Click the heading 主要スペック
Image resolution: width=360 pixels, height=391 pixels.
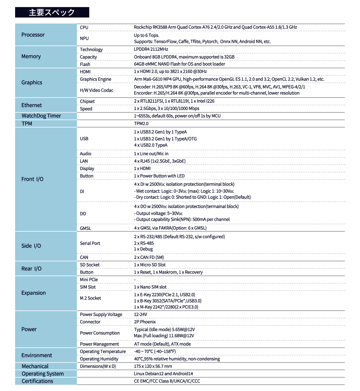[x=52, y=12]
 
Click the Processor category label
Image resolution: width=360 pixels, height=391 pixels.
[x=33, y=35]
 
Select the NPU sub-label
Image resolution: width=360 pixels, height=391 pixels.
[x=84, y=38]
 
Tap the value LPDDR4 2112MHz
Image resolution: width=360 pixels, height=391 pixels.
[x=151, y=49]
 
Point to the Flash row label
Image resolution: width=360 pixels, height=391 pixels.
[x=85, y=64]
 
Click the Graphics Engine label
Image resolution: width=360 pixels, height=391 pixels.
[x=96, y=79]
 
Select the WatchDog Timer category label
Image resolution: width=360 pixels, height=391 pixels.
[x=41, y=116]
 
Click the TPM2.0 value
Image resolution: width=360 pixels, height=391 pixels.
[x=141, y=124]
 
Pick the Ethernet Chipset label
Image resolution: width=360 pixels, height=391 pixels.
[x=87, y=101]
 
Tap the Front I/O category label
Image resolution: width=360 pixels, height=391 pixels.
[x=32, y=179]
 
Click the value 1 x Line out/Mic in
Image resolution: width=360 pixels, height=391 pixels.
[x=151, y=154]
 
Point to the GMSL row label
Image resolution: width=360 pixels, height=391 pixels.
[x=85, y=228]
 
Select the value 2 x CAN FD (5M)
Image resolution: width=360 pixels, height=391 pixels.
[x=149, y=257]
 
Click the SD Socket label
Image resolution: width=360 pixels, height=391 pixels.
[x=90, y=265]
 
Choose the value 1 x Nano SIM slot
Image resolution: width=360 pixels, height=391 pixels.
[x=150, y=287]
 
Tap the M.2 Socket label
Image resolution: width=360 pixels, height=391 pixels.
[x=90, y=298]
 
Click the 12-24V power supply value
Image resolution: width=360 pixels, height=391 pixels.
[x=141, y=314]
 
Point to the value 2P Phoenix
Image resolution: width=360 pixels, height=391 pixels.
[x=145, y=322]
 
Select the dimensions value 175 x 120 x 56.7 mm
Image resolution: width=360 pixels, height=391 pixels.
[x=153, y=366]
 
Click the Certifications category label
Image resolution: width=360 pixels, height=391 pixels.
[x=37, y=381]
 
